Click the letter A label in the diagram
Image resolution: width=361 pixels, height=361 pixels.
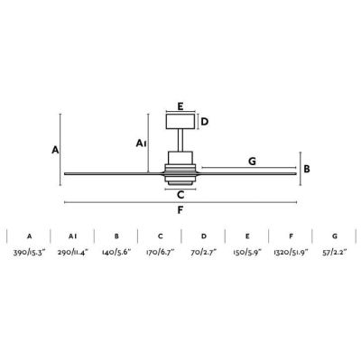point(55,150)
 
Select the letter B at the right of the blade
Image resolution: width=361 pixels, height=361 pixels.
point(307,169)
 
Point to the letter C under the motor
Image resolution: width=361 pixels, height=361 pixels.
point(180,193)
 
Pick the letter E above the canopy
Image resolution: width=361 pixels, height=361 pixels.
point(180,106)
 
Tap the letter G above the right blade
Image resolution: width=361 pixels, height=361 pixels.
point(252,161)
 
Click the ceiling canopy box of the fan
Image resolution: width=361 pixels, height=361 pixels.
point(180,122)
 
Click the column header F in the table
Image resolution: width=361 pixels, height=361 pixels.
point(291,236)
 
